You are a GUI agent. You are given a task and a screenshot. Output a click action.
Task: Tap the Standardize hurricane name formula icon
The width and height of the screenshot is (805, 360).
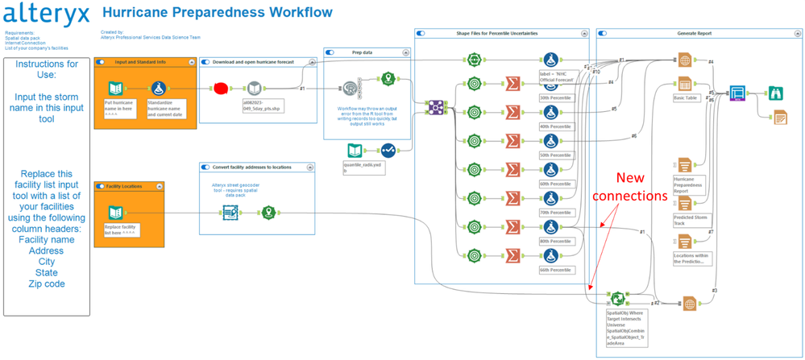coord(159,88)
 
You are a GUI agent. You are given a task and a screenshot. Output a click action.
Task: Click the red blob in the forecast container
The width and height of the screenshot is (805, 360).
coord(219,88)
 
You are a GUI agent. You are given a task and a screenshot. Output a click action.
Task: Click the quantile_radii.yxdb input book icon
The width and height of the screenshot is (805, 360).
coord(355,151)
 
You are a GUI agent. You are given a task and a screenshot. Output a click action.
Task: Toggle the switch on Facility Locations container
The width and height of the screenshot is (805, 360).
coord(101,186)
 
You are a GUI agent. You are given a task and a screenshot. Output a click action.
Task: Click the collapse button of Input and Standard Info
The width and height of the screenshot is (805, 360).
coord(192,62)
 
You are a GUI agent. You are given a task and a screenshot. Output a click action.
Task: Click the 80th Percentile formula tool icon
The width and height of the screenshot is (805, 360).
coord(550,226)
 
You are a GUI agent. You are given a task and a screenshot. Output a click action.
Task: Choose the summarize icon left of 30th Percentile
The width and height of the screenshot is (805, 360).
coord(511,84)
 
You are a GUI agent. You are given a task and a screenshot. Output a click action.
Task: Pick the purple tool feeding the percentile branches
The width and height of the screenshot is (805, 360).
coord(436,106)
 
